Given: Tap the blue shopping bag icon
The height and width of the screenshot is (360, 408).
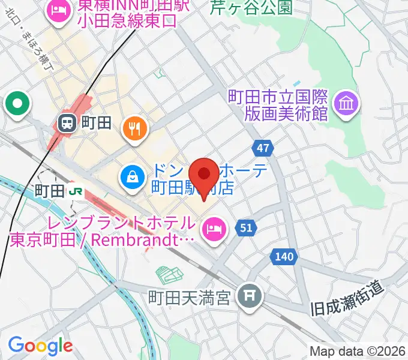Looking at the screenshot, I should (x=131, y=176).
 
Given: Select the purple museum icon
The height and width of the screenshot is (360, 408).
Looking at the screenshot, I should (x=347, y=104).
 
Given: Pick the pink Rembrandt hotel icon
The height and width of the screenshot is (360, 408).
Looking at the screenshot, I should (x=212, y=228).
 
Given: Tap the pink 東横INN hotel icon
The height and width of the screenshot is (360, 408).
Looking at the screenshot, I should (x=59, y=10).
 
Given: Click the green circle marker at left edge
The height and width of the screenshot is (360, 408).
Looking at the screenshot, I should (x=17, y=103).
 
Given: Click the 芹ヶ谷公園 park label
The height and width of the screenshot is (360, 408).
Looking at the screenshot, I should (x=251, y=8).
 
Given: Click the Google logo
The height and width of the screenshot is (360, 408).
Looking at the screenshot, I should (x=40, y=346).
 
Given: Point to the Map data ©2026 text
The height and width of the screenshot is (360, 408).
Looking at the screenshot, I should (x=358, y=352).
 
